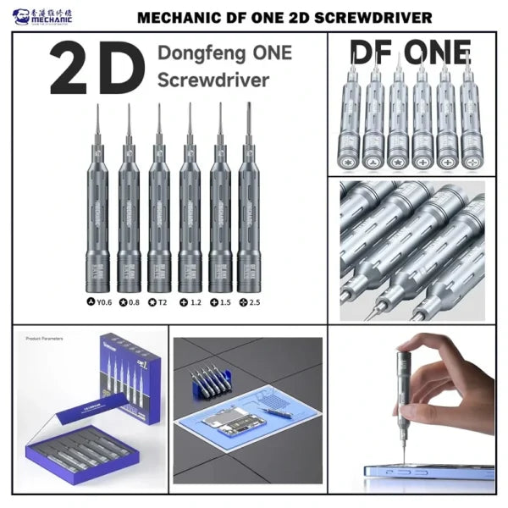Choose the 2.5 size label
(x=251, y=301)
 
